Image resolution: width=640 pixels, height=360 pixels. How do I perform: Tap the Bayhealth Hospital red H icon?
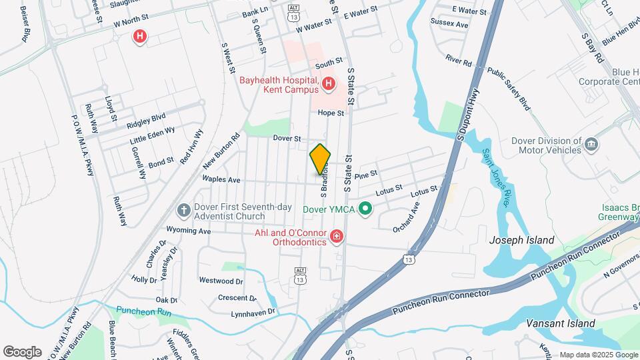point(328,84)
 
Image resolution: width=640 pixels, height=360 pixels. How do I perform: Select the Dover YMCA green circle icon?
point(365,209)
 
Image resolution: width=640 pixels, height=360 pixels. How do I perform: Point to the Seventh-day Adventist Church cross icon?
point(184,211)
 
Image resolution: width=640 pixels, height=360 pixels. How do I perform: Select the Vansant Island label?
point(540,323)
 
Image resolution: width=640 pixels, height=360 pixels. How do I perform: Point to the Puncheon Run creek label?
point(144,311)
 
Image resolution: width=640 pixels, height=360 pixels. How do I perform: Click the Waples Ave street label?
point(222,179)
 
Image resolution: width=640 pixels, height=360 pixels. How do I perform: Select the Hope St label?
point(331,113)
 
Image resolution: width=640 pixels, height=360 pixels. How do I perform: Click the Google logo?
point(23,351)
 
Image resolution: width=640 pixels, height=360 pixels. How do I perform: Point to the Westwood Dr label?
point(221,281)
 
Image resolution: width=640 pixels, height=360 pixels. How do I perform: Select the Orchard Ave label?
point(407,217)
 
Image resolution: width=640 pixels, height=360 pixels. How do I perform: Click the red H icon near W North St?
point(139,36)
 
